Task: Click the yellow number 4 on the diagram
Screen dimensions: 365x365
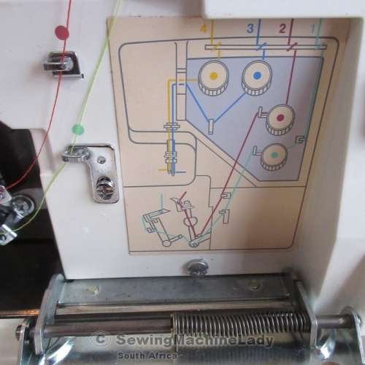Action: (204, 28)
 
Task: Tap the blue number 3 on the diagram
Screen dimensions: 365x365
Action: (250, 28)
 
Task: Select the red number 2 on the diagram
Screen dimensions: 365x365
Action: (283, 28)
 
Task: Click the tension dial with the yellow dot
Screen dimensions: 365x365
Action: (213, 77)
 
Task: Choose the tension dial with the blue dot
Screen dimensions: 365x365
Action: (257, 77)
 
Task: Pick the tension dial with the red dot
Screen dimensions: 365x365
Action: (280, 120)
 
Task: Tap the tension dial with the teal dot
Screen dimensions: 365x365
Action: (274, 156)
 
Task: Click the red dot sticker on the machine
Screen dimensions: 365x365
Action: (62, 33)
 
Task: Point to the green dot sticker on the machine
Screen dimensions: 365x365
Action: (78, 129)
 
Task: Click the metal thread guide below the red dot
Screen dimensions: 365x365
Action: (64, 64)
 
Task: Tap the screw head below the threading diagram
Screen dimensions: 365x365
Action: (198, 267)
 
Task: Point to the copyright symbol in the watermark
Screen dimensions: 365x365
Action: (100, 339)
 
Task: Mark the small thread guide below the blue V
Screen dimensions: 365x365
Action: (211, 126)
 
